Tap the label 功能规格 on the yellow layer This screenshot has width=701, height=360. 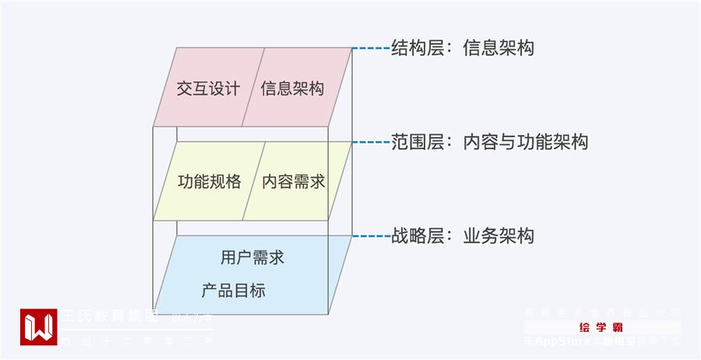click(209, 182)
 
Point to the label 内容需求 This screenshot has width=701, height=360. click(294, 182)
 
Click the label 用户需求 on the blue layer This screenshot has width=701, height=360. click(252, 257)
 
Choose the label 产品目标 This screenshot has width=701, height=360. click(233, 291)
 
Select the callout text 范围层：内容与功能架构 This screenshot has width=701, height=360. click(491, 142)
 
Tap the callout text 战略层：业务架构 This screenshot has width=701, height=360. click(464, 236)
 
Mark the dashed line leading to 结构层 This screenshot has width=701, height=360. click(371, 48)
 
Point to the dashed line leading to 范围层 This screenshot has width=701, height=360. click(371, 142)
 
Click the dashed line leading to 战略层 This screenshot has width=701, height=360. click(371, 236)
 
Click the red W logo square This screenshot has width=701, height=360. click(38, 327)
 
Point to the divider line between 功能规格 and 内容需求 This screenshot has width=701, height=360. click(255, 181)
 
